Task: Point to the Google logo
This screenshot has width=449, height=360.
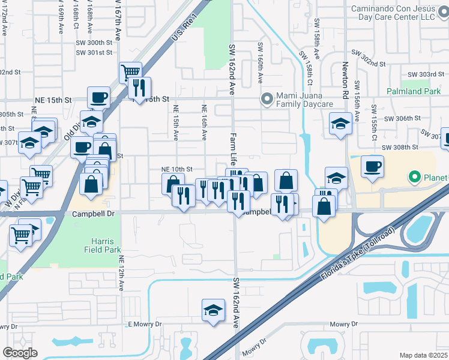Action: point(20,353)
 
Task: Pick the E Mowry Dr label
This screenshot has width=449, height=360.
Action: point(145,324)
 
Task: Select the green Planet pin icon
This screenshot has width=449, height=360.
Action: point(414,177)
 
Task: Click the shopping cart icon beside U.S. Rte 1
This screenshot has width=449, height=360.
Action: point(130,73)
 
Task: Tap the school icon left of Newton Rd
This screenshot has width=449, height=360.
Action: point(340,124)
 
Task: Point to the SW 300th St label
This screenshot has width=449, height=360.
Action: point(94,43)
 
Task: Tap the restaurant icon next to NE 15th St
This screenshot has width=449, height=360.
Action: point(139,88)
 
